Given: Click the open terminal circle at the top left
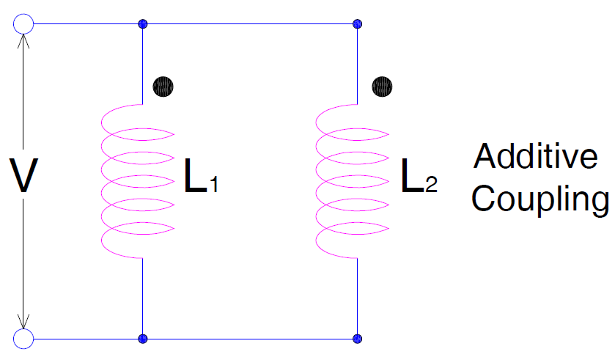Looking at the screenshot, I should coord(23,23).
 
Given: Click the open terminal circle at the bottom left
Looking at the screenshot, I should coord(23,339).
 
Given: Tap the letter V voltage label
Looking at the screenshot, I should coord(23,177).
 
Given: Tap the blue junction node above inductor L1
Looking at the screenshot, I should coord(143,24).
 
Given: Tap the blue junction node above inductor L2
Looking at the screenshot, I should coord(357,24).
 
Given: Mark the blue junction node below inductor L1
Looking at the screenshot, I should coord(143,339).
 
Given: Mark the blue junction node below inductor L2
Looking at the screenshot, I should coord(357,339).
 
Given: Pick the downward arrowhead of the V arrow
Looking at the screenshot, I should coord(23,321).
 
